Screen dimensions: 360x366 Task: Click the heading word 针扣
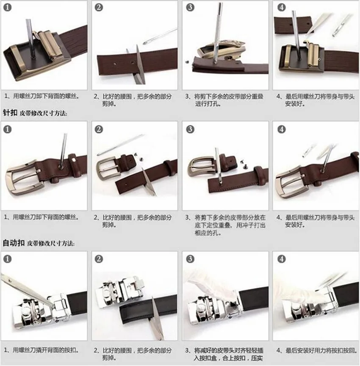coord(10,113)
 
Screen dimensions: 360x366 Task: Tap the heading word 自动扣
coord(14,243)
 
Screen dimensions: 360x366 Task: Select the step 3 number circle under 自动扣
coord(190,259)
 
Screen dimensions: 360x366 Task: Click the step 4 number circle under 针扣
coord(281,129)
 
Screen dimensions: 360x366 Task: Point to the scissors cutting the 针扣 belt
coord(149,181)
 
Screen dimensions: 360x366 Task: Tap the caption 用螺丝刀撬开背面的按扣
coord(46,350)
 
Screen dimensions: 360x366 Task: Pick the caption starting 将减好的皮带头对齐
coord(229,350)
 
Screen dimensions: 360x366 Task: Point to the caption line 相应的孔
coord(208,233)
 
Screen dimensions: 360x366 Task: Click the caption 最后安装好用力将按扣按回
coord(321,350)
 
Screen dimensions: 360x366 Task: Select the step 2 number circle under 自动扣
coord(99,259)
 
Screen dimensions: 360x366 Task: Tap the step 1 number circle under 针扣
coord(8,129)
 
